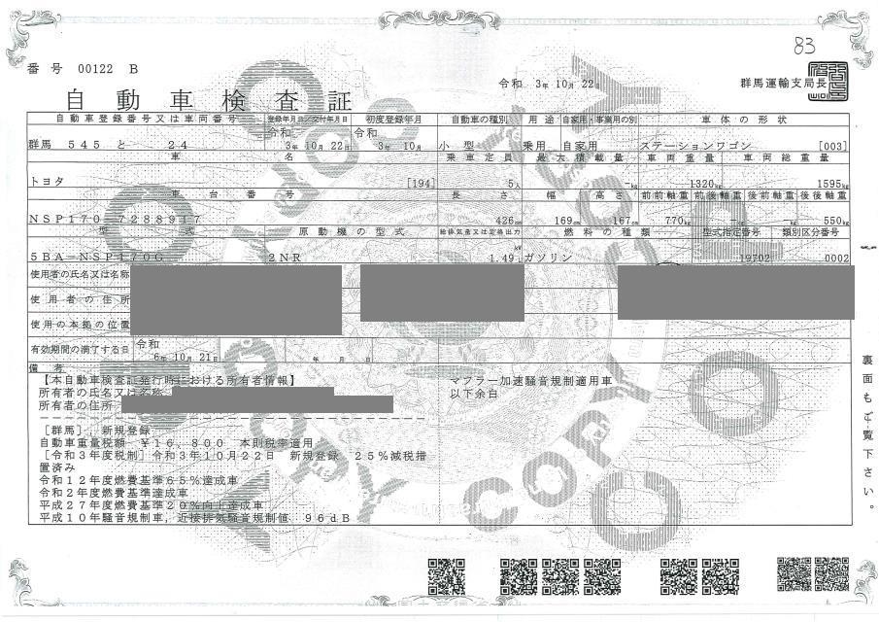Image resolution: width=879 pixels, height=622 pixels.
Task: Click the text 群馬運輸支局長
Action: click(775, 84)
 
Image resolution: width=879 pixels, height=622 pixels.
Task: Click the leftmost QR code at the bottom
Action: click(446, 575)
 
